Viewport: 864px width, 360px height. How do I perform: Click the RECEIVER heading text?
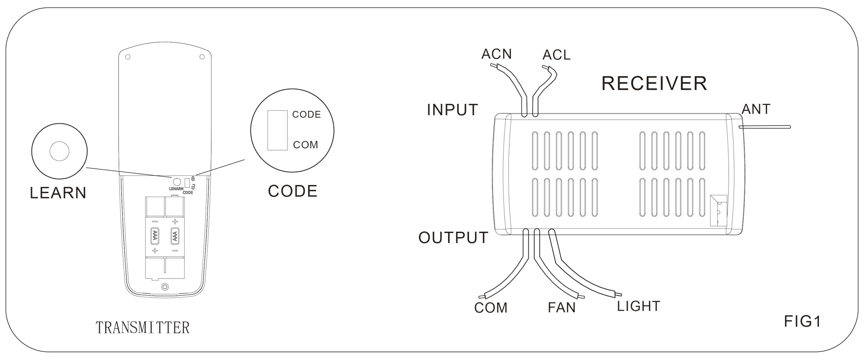[654, 84]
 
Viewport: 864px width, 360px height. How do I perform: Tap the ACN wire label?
[496, 54]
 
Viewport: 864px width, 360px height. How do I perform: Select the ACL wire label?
[556, 55]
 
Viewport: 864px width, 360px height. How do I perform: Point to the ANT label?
[756, 109]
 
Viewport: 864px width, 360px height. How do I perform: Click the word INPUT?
[452, 110]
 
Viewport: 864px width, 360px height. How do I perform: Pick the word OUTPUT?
[453, 238]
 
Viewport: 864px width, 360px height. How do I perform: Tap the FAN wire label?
[562, 308]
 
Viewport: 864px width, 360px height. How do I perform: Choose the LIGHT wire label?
[638, 306]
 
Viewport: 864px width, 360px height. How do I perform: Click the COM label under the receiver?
[490, 308]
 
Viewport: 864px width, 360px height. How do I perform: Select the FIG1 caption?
[802, 321]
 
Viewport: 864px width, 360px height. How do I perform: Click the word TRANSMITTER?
[143, 328]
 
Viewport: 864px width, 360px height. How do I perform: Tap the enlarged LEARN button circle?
[59, 151]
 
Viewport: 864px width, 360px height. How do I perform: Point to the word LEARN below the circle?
[58, 193]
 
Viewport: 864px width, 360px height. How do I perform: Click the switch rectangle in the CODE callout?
[277, 130]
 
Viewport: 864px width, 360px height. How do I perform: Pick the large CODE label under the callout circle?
[292, 191]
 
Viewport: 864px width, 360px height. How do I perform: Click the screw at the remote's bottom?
[165, 287]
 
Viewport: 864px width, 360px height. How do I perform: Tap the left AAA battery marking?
[155, 235]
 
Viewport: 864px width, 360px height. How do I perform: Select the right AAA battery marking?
[175, 235]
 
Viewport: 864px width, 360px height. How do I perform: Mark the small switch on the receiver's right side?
[718, 210]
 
